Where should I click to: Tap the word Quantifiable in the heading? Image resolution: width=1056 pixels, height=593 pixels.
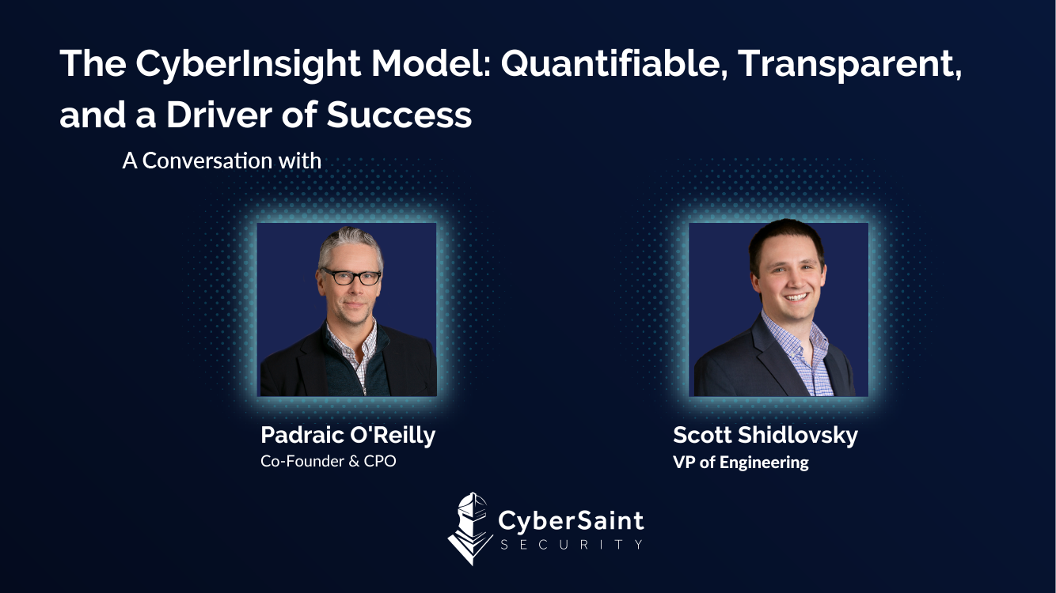pyautogui.click(x=613, y=63)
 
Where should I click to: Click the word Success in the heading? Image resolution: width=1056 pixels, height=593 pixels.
pyautogui.click(x=399, y=115)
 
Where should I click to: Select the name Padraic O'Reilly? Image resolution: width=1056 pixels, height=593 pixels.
pyautogui.click(x=348, y=435)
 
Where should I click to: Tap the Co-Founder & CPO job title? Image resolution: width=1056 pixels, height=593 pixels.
pyautogui.click(x=328, y=461)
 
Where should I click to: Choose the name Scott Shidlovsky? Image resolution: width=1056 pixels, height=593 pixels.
pyautogui.click(x=765, y=435)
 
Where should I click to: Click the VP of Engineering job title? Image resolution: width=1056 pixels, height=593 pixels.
pyautogui.click(x=741, y=463)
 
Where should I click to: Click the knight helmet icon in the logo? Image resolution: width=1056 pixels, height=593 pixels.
pyautogui.click(x=469, y=528)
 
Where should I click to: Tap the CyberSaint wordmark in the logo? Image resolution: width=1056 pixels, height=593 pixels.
pyautogui.click(x=571, y=521)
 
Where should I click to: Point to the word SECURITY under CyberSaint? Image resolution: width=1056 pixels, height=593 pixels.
pyautogui.click(x=572, y=545)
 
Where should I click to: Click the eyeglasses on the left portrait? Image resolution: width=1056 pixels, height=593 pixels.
pyautogui.click(x=351, y=277)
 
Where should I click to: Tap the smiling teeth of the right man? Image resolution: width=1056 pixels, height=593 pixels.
pyautogui.click(x=796, y=296)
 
